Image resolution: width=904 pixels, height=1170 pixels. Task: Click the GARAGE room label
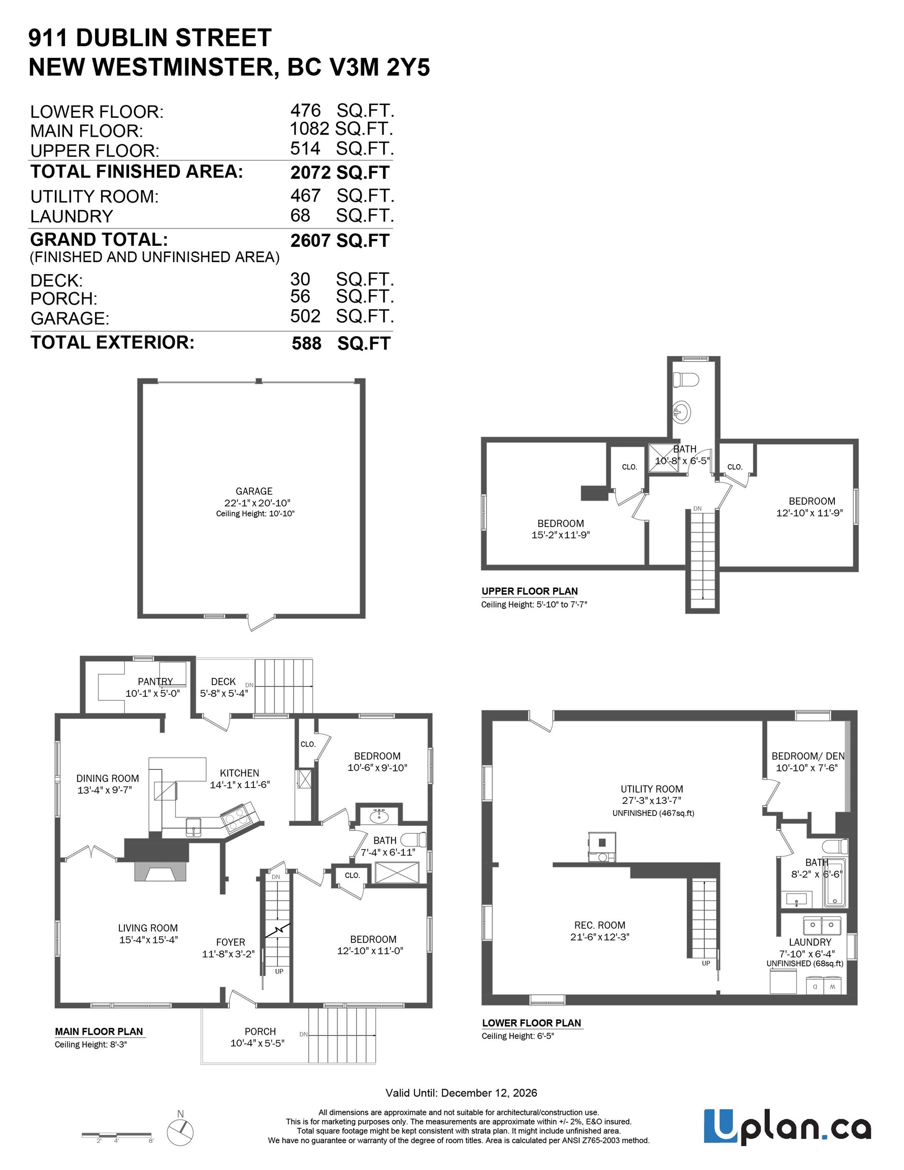pyautogui.click(x=253, y=491)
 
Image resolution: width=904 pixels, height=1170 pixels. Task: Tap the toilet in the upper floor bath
pyautogui.click(x=687, y=379)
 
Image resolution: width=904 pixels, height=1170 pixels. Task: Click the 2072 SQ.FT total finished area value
pyautogui.click(x=339, y=173)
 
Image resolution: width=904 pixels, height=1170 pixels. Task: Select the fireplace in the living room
pyautogui.click(x=159, y=873)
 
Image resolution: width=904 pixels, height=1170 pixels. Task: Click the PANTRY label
pyautogui.click(x=155, y=681)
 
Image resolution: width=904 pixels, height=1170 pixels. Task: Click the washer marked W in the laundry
pyautogui.click(x=832, y=986)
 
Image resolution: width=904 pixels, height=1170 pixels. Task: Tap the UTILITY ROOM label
pyautogui.click(x=652, y=789)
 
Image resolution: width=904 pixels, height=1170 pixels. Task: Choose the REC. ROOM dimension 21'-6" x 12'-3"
pyautogui.click(x=600, y=937)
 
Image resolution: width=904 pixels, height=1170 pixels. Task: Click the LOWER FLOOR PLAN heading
pyautogui.click(x=531, y=1023)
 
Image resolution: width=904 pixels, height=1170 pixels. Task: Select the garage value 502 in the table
pyautogui.click(x=305, y=316)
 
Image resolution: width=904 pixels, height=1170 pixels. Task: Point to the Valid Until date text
pyautogui.click(x=461, y=1093)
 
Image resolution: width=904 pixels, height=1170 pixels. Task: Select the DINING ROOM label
pyautogui.click(x=107, y=778)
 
